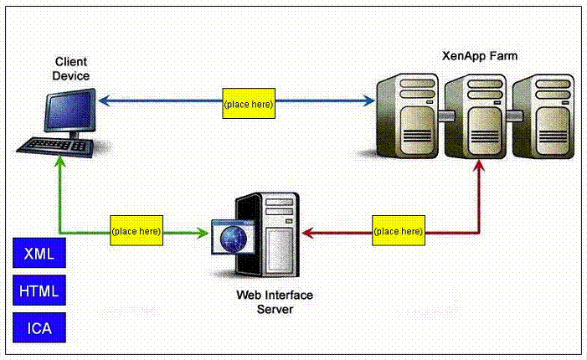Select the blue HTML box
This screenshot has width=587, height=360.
coord(39,291)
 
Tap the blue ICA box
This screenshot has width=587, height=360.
coord(39,327)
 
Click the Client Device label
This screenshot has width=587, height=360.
coord(71,69)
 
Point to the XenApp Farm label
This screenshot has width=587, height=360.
coord(478,56)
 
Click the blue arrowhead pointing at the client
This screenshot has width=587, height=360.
coord(103,102)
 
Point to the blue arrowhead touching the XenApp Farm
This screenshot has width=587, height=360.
coord(369,102)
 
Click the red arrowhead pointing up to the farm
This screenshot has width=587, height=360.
coord(479,166)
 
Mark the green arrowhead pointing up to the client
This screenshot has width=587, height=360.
coord(59,165)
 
